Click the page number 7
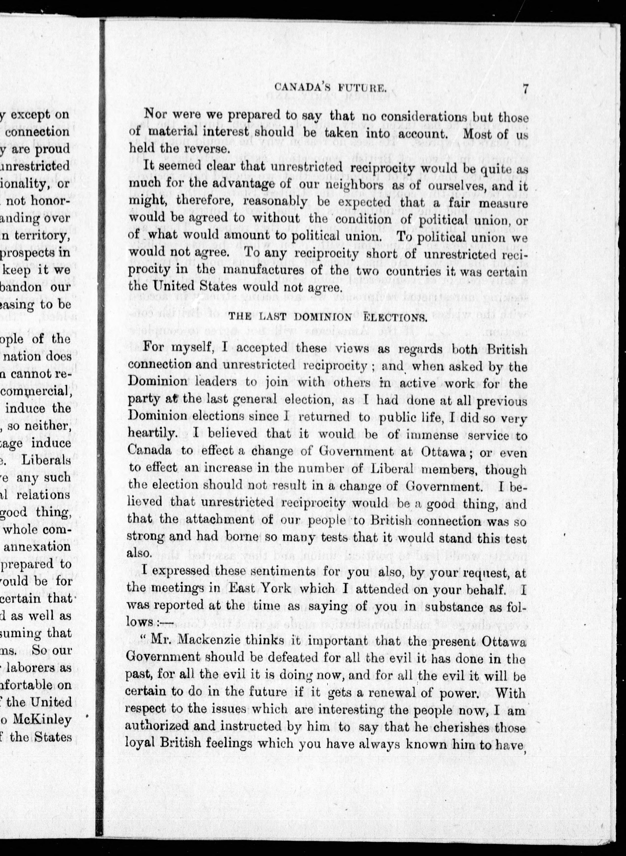(x=525, y=89)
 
